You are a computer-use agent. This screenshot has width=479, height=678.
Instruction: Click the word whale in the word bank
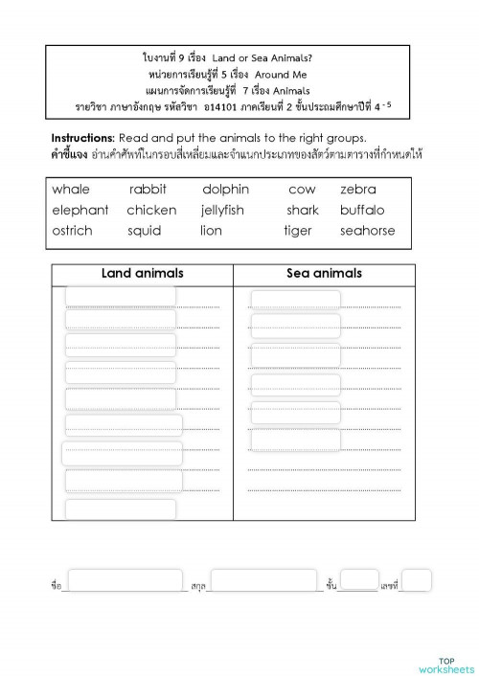pos(71,190)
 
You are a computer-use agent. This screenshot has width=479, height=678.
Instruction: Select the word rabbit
pos(148,190)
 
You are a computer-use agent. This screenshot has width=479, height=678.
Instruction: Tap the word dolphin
pos(225,190)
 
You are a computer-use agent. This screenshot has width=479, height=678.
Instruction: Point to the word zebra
pos(358,190)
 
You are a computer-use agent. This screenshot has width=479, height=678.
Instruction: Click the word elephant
pos(80,210)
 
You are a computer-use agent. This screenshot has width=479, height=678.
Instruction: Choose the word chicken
pos(151,210)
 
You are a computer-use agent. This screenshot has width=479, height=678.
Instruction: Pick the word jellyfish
pos(222,210)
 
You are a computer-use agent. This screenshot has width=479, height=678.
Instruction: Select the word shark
pos(303,210)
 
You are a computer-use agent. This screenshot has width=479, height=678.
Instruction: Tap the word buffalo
pos(362,210)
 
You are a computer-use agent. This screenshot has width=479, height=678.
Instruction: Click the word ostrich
pos(73,231)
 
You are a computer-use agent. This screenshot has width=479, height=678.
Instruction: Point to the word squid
pos(144,231)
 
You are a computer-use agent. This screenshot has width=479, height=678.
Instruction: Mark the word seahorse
pos(367,231)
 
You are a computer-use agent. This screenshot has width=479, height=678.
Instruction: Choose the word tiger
pos(298,231)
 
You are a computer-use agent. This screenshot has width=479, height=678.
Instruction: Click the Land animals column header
pos(142,273)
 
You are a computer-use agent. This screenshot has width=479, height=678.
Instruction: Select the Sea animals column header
pos(324,273)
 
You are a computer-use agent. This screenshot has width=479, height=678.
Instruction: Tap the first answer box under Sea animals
pos(295,300)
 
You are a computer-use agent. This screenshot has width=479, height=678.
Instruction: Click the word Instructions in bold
pos(82,137)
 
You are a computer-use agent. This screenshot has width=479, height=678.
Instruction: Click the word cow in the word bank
pos(302,190)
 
